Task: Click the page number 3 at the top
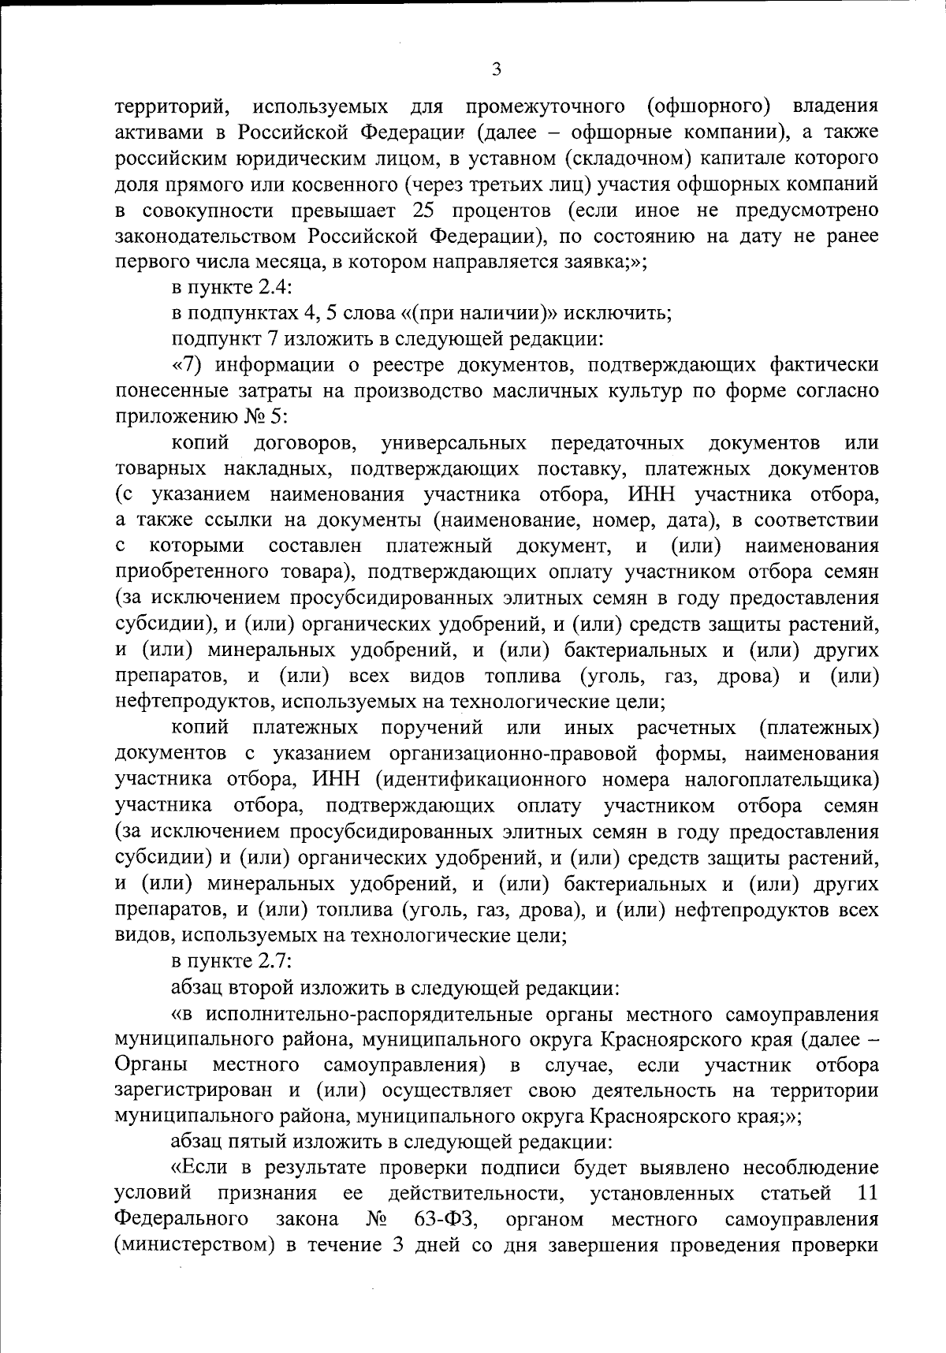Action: tap(496, 69)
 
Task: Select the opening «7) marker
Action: tap(189, 366)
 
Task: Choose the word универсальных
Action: tap(454, 444)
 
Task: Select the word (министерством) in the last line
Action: tap(194, 1246)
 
